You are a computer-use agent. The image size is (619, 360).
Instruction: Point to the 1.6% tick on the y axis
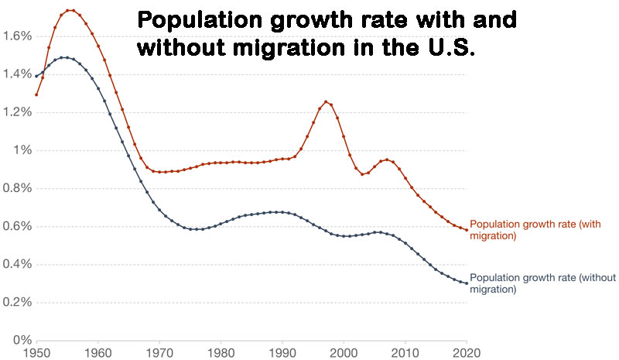(x=17, y=36)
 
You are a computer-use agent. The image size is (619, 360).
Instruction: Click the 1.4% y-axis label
(x=17, y=74)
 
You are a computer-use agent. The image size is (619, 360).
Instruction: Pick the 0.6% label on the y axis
(x=17, y=226)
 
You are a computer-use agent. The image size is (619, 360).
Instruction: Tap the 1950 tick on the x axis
(x=36, y=351)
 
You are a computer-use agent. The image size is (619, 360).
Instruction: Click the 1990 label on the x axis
(x=283, y=351)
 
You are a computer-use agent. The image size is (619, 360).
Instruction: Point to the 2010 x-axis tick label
(x=405, y=351)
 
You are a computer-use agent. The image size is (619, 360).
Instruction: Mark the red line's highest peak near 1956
(x=71, y=10)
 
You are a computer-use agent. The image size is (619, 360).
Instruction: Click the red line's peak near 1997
(x=326, y=101)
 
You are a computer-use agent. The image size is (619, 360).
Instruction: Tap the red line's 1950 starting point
(x=36, y=94)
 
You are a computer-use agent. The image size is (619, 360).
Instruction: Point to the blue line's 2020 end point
(x=467, y=283)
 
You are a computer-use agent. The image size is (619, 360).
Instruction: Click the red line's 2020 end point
(x=467, y=230)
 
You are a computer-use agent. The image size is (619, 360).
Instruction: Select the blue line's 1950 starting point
(x=36, y=76)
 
